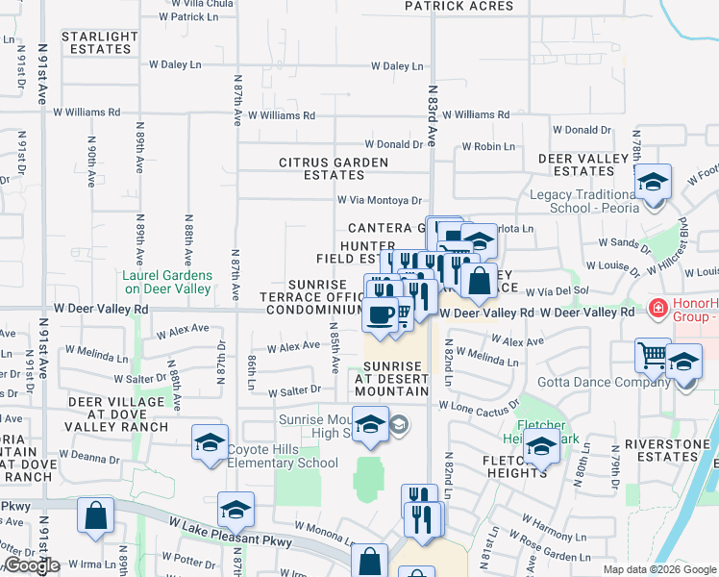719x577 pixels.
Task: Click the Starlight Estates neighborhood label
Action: coord(99,42)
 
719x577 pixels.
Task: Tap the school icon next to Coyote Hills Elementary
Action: coord(210,443)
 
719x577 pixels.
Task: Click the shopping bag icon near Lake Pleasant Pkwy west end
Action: coord(96,515)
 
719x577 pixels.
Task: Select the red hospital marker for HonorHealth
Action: coord(658,309)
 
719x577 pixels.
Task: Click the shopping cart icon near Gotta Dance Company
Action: coord(653,356)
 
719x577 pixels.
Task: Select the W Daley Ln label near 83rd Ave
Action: coord(397,66)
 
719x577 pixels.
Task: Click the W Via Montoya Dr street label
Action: coord(379,200)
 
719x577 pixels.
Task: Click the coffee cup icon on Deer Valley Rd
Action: coord(381,314)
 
